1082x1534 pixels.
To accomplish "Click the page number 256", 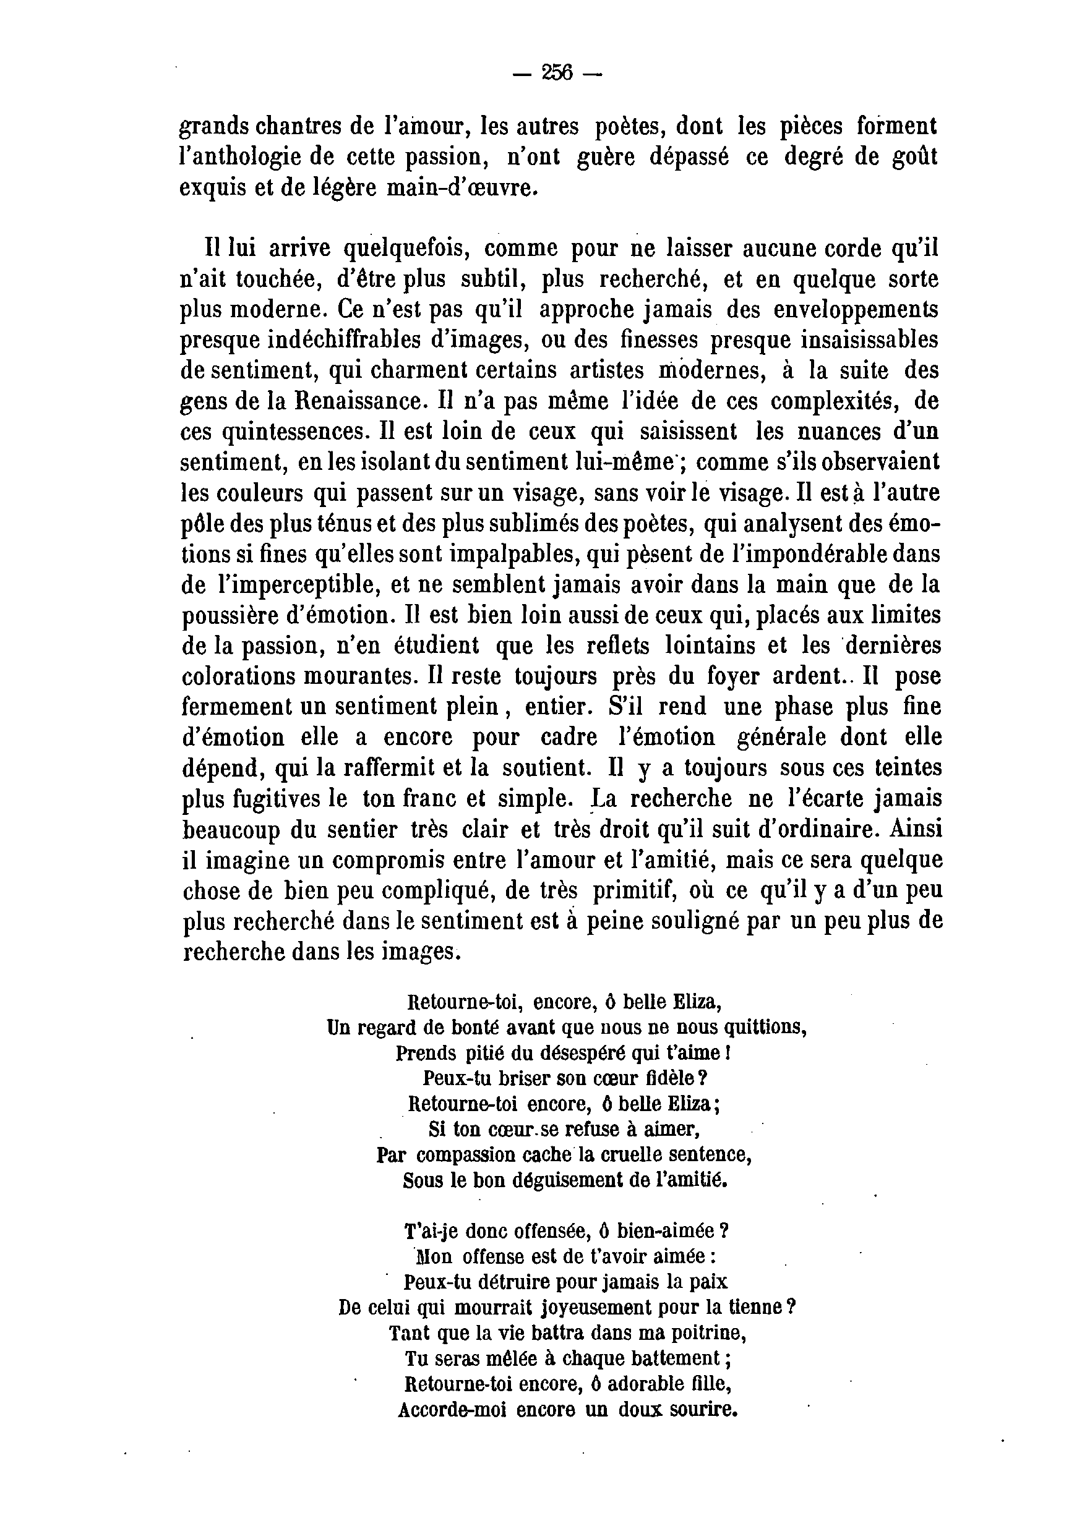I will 557,72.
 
